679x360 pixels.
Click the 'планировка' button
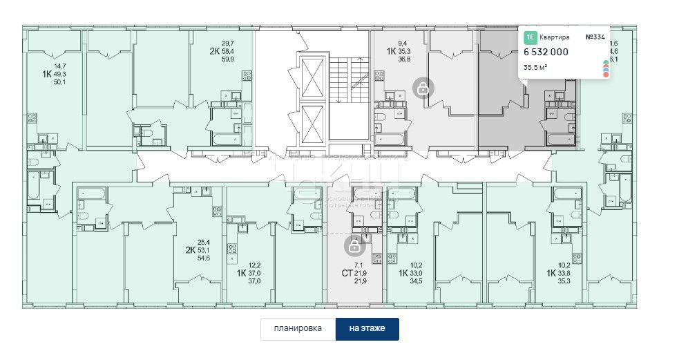298,329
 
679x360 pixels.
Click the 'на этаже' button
367,329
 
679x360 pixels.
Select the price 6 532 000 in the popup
546,53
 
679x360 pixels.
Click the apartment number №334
596,37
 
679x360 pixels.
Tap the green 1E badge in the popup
530,37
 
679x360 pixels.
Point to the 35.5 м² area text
537,67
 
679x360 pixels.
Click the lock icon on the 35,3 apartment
421,88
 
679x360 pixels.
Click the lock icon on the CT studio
354,245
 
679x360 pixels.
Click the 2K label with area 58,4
215,51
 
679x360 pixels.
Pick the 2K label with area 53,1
190,250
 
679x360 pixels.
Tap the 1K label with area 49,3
47,73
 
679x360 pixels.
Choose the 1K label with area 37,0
242,273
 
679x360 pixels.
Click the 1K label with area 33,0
404,273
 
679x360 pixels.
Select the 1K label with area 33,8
552,273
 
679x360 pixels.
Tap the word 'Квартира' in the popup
555,37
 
